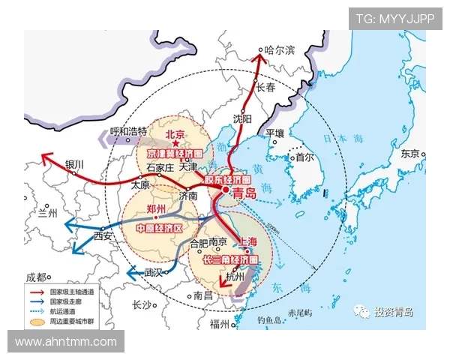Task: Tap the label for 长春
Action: (x=268, y=88)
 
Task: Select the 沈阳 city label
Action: (x=243, y=118)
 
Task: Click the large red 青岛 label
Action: (x=244, y=193)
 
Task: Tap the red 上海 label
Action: (x=250, y=241)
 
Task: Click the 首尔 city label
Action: (x=304, y=158)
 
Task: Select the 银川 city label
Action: (x=75, y=164)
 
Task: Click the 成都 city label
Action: (x=36, y=277)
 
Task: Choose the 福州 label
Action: (x=220, y=323)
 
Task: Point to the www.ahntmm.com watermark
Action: (x=66, y=342)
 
